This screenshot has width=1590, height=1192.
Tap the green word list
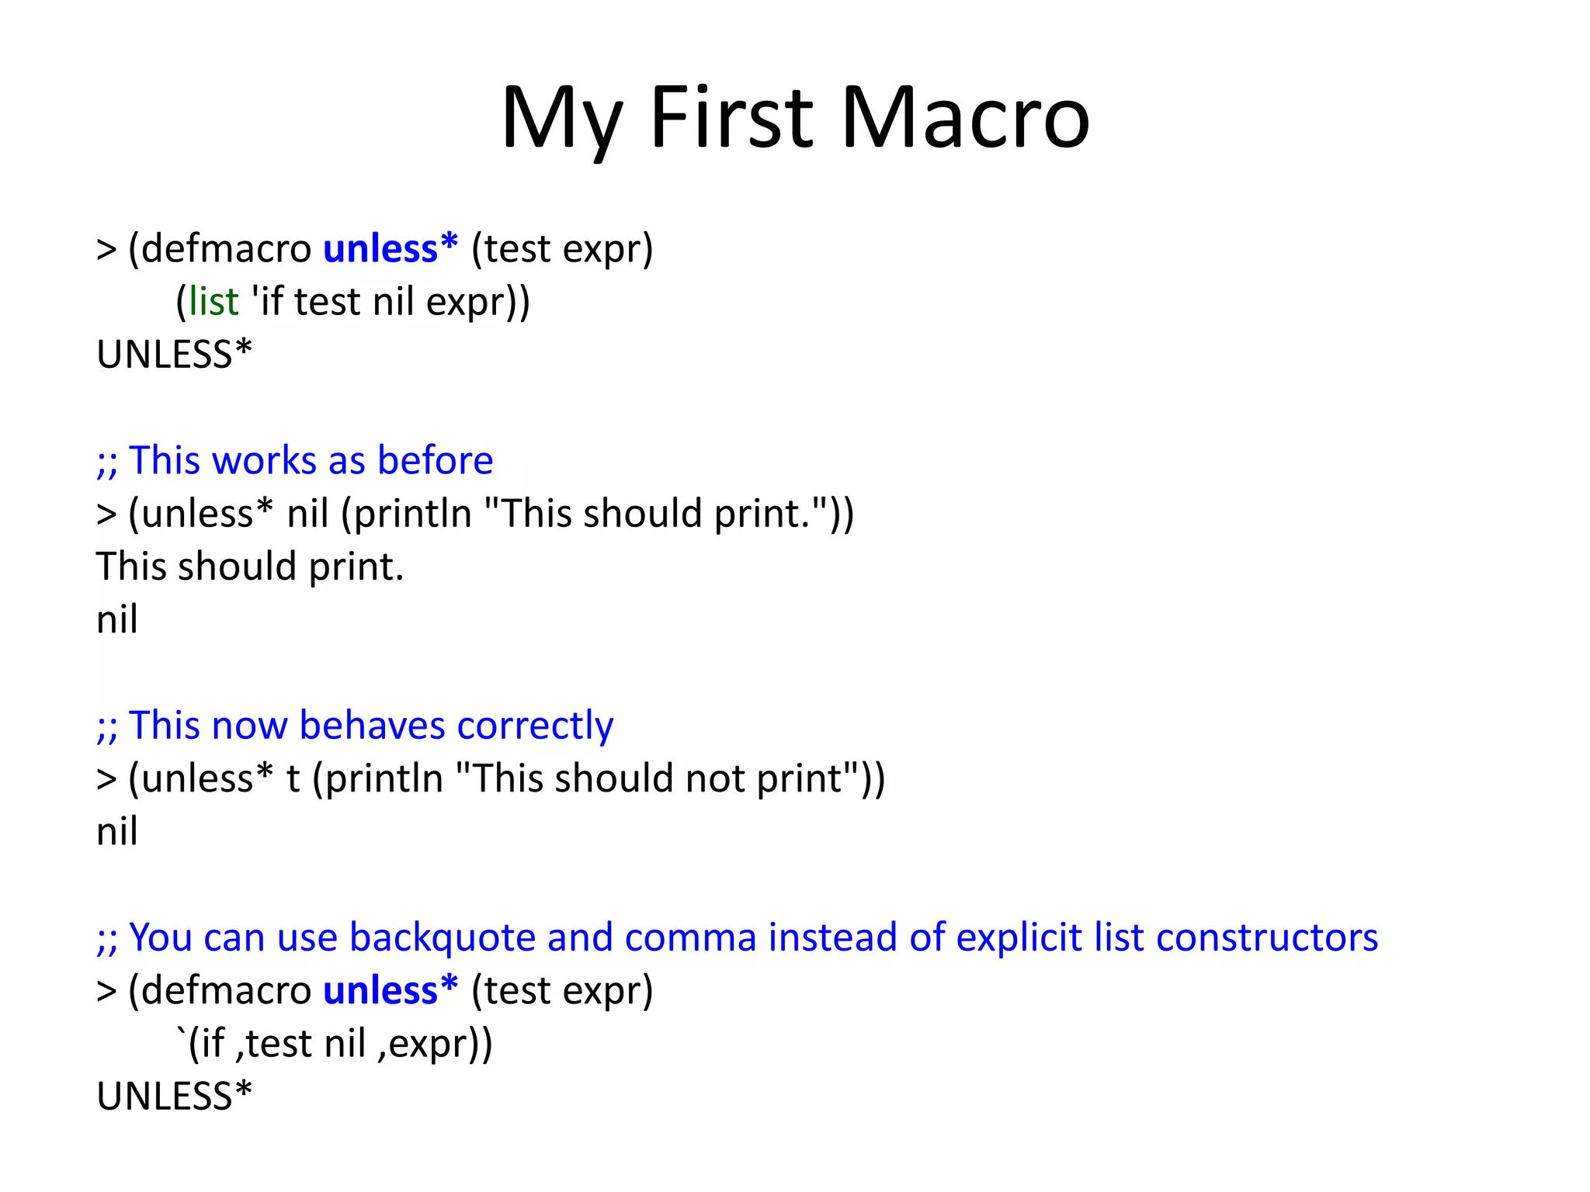[x=214, y=302]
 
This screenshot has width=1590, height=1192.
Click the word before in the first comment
[x=435, y=460]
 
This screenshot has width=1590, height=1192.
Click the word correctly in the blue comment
[x=535, y=726]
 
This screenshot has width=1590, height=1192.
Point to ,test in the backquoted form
[x=273, y=1044]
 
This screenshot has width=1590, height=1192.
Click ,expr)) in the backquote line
[x=436, y=1044]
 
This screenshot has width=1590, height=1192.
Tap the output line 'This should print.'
[x=250, y=567]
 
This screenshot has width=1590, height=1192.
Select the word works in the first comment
[x=264, y=460]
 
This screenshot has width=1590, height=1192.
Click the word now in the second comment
[x=249, y=726]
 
